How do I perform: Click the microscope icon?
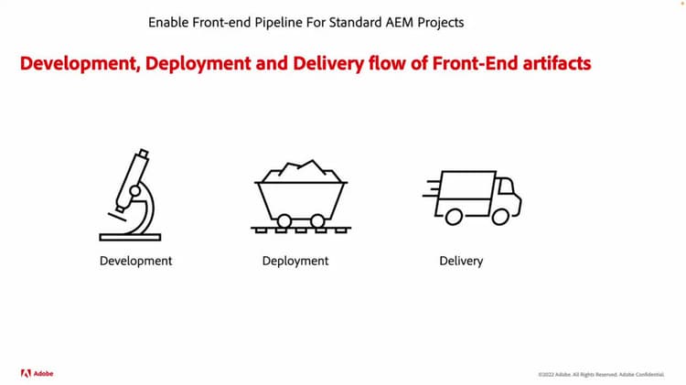[131, 196]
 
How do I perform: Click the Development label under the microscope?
[135, 261]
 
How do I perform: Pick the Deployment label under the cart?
[295, 261]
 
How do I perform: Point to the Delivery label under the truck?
[461, 261]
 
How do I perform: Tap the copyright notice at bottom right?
[601, 374]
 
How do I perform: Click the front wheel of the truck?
[499, 216]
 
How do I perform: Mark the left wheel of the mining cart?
[284, 220]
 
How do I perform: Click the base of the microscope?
[130, 238]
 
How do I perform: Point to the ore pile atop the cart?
[303, 169]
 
